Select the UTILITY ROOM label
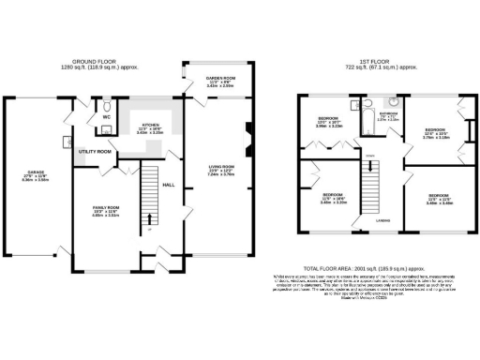[x=95, y=151]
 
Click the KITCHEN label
[x=150, y=125]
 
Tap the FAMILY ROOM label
[x=104, y=208]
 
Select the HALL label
[x=169, y=186]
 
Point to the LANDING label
[x=383, y=221]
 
